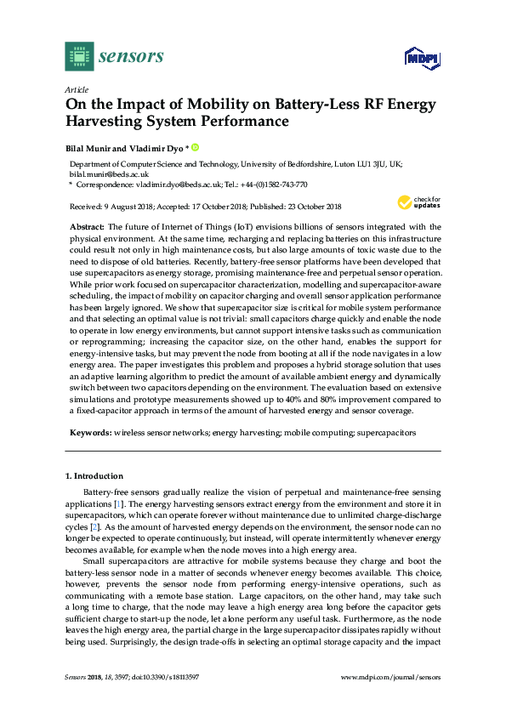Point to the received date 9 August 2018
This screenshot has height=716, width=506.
(129, 207)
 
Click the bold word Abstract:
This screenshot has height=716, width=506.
(85, 227)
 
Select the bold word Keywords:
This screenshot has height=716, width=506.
(91, 433)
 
